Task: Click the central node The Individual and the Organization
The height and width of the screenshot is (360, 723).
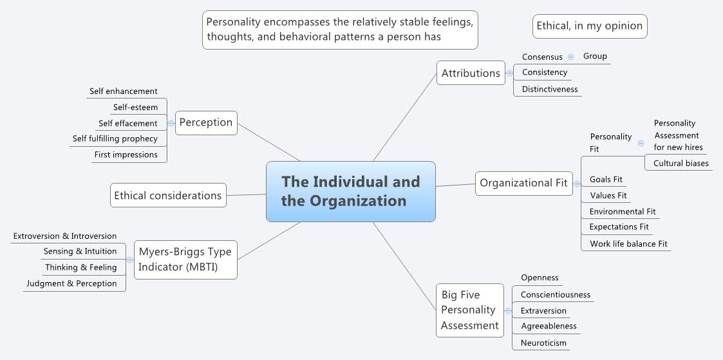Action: (x=350, y=191)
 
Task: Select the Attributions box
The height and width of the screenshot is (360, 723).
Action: (x=471, y=73)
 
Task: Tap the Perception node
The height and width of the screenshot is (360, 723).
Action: (x=206, y=122)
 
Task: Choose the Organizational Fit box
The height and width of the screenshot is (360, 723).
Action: (x=523, y=183)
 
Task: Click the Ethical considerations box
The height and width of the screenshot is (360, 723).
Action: (x=168, y=195)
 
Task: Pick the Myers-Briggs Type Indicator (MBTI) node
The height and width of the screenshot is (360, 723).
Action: (x=185, y=260)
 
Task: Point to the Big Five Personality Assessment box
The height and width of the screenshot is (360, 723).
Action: (x=470, y=310)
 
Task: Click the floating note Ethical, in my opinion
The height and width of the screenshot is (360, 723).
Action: (x=590, y=26)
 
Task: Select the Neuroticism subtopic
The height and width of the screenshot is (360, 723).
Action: (x=544, y=343)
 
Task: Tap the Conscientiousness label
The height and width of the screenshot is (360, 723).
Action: (x=555, y=294)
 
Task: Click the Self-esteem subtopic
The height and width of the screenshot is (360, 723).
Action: (x=135, y=108)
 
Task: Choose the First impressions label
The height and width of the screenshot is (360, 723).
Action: (x=126, y=155)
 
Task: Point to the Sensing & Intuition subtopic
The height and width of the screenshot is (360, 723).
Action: (x=80, y=251)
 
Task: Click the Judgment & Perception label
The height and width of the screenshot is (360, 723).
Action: (x=71, y=283)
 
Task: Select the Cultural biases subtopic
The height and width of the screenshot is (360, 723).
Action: (x=681, y=163)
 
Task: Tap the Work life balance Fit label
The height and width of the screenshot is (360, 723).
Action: (x=628, y=243)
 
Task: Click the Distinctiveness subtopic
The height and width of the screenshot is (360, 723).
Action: (x=549, y=89)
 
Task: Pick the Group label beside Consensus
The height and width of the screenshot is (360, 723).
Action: (x=595, y=56)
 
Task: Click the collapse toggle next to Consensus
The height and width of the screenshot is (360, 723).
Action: (x=571, y=57)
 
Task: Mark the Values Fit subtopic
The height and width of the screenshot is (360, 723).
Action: (x=608, y=195)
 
